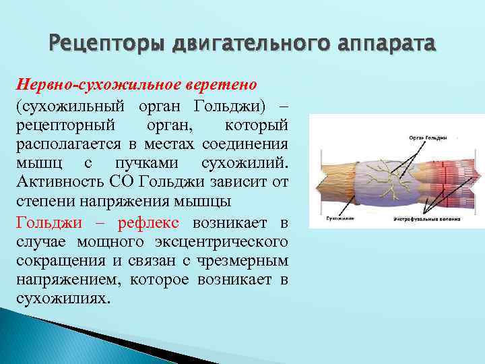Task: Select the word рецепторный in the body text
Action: pos(59,125)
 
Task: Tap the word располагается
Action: pos(65,145)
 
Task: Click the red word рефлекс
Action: pos(154,222)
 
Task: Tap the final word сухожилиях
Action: pos(61,299)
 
